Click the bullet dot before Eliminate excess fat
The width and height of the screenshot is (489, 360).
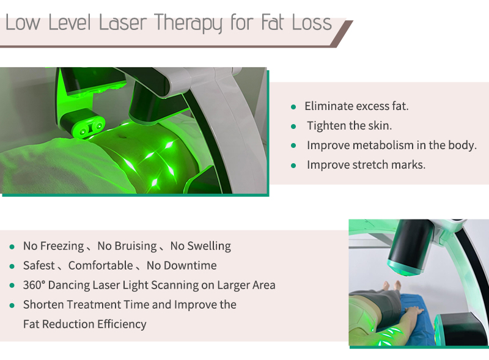[x=293, y=106]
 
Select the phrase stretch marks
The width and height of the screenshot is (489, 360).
[x=394, y=165]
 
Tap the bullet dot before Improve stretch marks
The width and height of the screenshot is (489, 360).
[x=293, y=165]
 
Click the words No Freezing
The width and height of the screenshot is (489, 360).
[x=53, y=246]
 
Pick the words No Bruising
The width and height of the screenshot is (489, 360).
[x=127, y=246]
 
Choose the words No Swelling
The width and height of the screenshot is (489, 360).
[x=200, y=246]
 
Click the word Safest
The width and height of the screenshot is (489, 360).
[x=39, y=266]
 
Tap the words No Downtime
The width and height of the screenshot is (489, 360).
[x=182, y=266]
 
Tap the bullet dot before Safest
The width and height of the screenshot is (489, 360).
[x=12, y=266]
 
